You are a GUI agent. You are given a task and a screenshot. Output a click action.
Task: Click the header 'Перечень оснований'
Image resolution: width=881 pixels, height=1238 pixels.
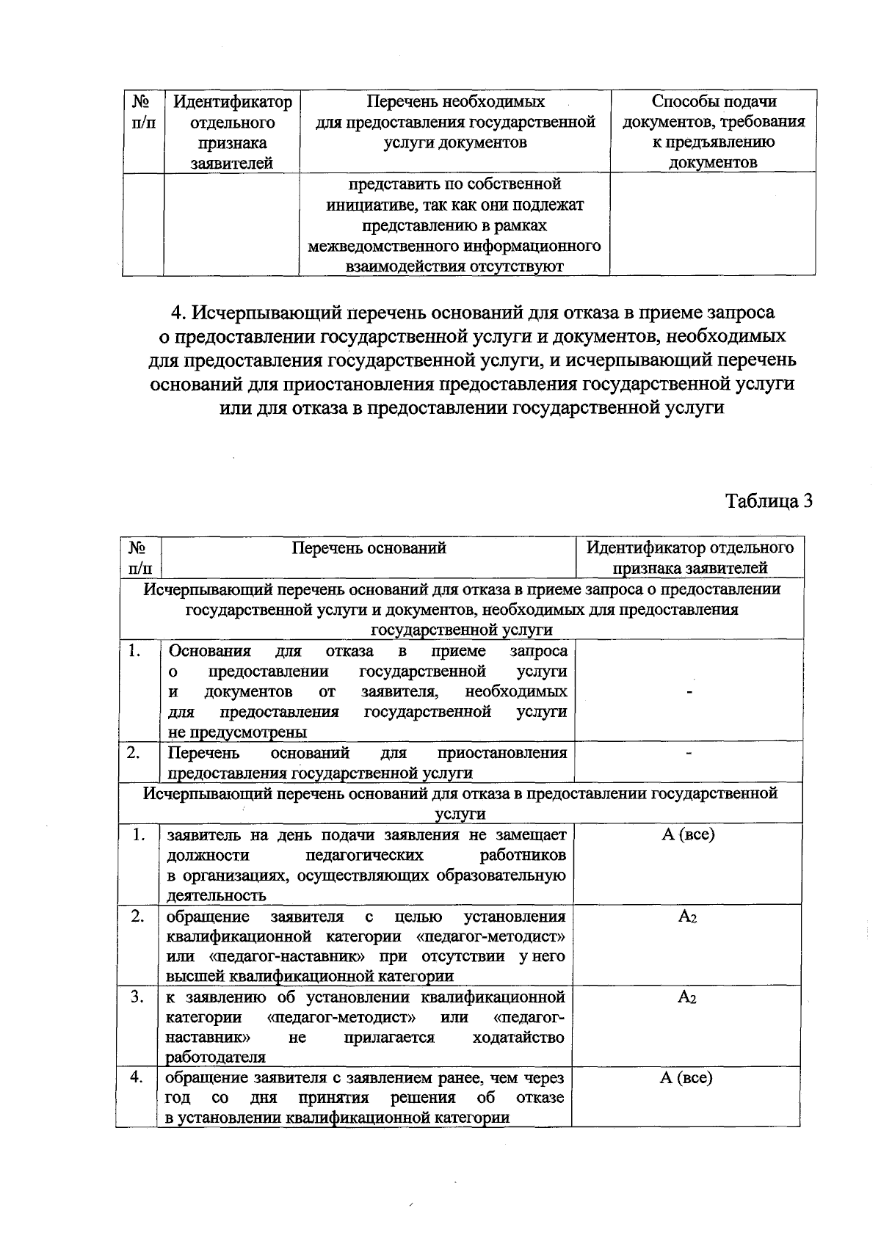[x=369, y=548]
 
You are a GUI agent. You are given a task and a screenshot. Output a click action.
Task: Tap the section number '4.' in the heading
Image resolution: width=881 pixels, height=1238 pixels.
[x=181, y=313]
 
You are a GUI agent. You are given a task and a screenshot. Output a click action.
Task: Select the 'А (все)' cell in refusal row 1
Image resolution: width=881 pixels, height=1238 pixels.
[x=687, y=835]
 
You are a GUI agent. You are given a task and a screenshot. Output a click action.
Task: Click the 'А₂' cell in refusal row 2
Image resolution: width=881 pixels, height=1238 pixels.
[x=687, y=917]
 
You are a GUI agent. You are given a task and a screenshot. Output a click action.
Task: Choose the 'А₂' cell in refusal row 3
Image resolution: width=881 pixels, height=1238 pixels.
[x=687, y=997]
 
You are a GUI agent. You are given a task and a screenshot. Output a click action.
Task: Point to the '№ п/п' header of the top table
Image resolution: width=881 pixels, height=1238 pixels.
[x=142, y=112]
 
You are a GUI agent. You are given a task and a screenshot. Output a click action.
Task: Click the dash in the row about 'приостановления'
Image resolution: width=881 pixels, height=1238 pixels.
[x=689, y=754]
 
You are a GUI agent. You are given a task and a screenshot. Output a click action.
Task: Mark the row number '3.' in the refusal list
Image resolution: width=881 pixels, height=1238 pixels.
[x=137, y=997]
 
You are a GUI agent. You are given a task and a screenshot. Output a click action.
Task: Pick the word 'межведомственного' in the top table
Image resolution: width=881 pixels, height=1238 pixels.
[x=382, y=247]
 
